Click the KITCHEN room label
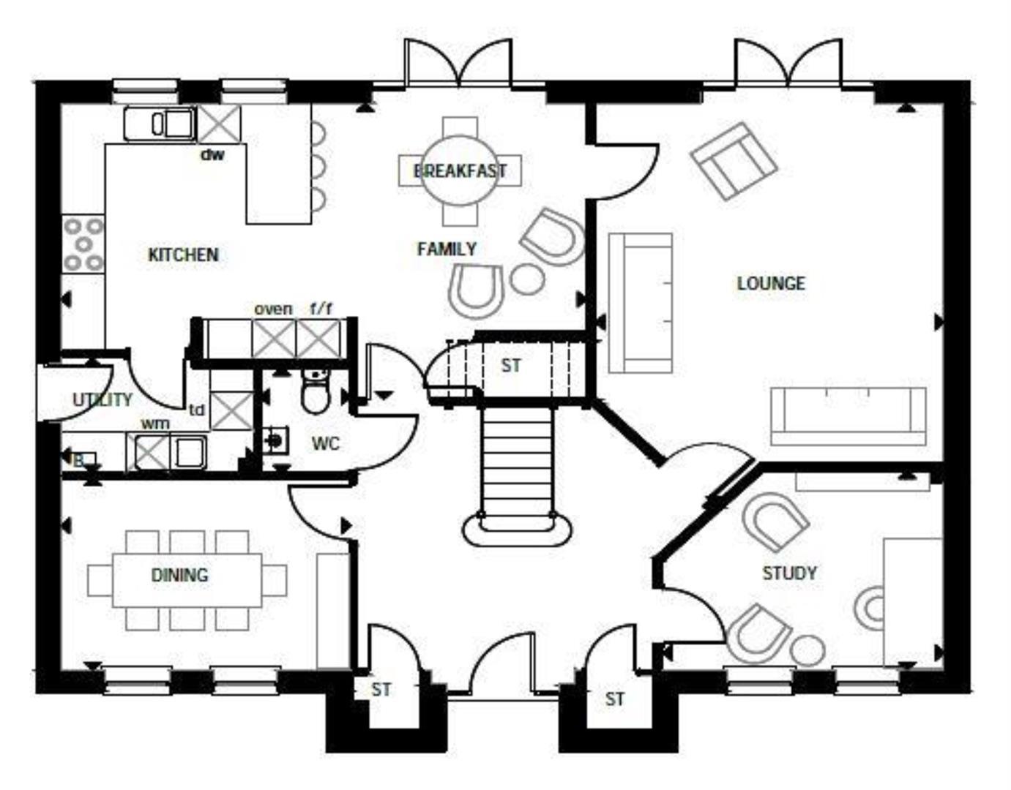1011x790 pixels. pos(183,255)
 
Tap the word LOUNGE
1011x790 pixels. pos(771,283)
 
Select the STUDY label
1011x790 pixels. pos(789,573)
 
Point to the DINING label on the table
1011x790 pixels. pos(179,575)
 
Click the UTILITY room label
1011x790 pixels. pos(102,400)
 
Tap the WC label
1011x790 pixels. pos(326,443)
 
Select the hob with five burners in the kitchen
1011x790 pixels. pos(83,244)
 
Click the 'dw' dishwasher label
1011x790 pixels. pos(212,154)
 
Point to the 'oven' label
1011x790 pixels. pos(273,309)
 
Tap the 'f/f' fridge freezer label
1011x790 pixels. pos(321,309)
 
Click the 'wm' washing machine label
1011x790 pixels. pos(155,424)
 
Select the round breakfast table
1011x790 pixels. pos(460,171)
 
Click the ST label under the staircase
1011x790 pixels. pos(511,365)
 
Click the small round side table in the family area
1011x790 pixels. pos(527,279)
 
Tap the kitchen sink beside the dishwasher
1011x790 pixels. pos(160,124)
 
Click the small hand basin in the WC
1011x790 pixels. pos(275,440)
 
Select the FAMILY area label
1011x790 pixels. pos(447,249)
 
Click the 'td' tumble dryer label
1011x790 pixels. pos(196,410)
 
